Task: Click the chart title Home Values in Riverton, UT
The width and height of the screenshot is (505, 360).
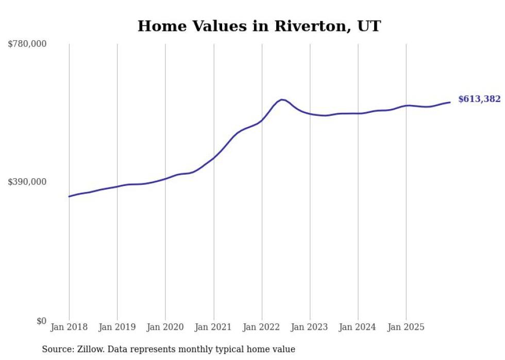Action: tap(259, 26)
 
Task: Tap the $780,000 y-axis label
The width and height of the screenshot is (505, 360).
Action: tap(27, 44)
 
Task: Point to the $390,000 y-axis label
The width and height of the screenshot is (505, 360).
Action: tap(27, 182)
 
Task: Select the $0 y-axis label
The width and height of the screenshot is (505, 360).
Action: tap(41, 321)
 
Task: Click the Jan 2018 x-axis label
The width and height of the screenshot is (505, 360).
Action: tap(69, 327)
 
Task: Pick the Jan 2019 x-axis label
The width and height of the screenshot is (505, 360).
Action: tap(117, 327)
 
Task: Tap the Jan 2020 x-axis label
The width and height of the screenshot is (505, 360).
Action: tap(165, 327)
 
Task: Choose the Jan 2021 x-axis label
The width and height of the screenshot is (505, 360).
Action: tap(213, 327)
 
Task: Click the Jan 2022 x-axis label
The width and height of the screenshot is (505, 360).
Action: tap(262, 327)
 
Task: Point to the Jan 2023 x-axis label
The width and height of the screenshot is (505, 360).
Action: tap(310, 327)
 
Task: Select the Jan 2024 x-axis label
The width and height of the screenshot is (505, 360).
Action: tap(358, 327)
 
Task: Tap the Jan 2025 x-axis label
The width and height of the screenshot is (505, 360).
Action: tap(406, 327)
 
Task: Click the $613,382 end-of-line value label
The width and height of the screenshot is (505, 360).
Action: tap(479, 99)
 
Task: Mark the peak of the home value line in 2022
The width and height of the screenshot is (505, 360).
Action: tap(281, 99)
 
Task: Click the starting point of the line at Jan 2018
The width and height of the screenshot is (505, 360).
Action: tap(69, 196)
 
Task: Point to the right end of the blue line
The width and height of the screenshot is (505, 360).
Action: tap(450, 102)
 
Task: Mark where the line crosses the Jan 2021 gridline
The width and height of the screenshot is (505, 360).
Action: tap(213, 157)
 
